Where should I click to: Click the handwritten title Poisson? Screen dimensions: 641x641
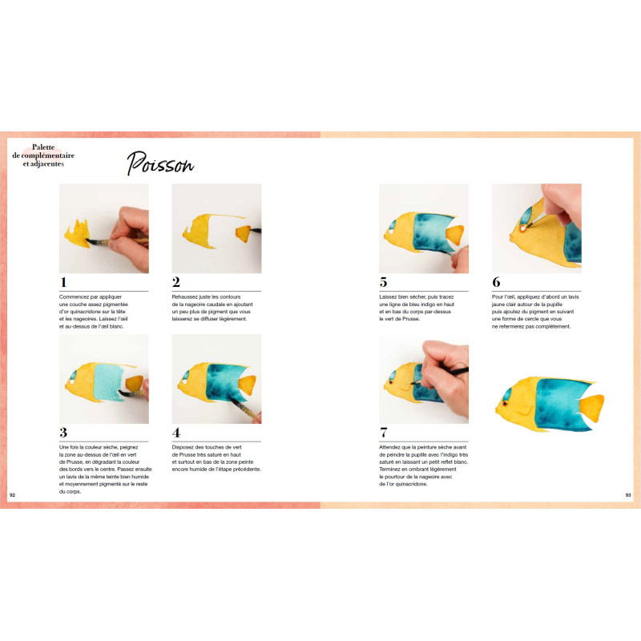click(159, 163)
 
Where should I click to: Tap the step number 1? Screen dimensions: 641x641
click(63, 282)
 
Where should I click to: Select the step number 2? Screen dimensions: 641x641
click(176, 282)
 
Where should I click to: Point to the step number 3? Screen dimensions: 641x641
click(63, 433)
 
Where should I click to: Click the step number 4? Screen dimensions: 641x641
click(176, 433)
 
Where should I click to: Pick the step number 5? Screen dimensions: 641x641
click(383, 282)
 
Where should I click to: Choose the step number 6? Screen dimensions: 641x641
click(496, 282)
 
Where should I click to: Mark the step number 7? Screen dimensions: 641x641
click(384, 433)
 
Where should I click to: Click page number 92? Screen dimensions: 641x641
click(12, 495)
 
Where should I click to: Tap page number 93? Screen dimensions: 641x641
click(628, 495)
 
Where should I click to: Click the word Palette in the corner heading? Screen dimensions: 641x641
click(43, 147)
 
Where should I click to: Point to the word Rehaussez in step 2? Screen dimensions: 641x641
click(185, 296)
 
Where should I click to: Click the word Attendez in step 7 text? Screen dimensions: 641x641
click(390, 447)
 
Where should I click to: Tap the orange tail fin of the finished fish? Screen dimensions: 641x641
click(592, 408)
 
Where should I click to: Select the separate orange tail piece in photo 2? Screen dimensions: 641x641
click(244, 233)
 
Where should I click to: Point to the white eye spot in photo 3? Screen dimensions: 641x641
click(72, 382)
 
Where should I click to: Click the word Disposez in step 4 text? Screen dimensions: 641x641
click(183, 447)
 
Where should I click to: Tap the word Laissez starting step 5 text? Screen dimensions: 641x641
click(389, 296)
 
